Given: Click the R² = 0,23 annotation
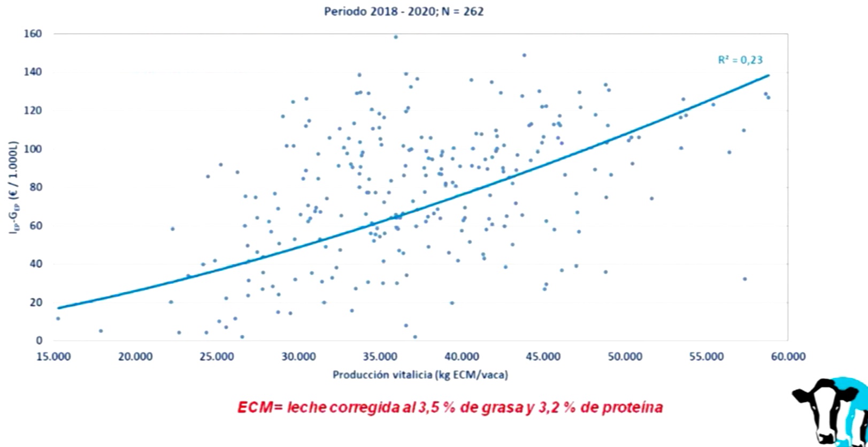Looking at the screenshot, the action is point(740,60).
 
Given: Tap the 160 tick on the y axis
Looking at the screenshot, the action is point(33,34).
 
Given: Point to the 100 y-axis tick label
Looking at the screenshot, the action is point(33,149).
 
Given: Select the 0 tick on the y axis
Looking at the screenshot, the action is point(39,340).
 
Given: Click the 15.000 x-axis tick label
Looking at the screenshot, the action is point(54,357).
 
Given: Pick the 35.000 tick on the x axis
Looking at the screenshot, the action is point(380,357).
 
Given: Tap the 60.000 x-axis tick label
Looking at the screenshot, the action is point(788,357).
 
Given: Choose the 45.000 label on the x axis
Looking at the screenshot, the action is point(543,357).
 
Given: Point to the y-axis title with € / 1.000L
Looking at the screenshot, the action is point(13,187).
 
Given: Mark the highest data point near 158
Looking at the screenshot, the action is point(396,37).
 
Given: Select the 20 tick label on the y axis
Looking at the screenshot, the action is point(36,302).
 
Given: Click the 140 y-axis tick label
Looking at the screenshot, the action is point(33,72).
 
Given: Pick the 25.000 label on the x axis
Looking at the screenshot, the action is point(217,357).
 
